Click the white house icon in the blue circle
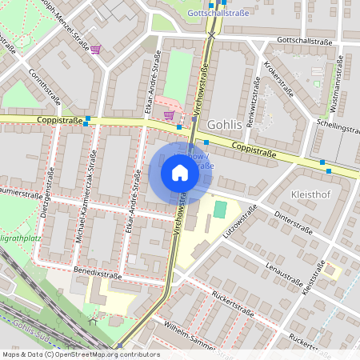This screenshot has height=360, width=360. pos(180,173)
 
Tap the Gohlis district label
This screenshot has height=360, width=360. pos(224,126)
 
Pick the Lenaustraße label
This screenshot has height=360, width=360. pos(287,277)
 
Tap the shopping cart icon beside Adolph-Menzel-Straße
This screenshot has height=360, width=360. pos(95,50)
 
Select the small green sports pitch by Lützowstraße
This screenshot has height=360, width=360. pos(220,210)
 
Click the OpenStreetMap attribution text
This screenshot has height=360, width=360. pos(80,354)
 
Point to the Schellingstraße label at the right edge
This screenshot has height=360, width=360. pos(337,128)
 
